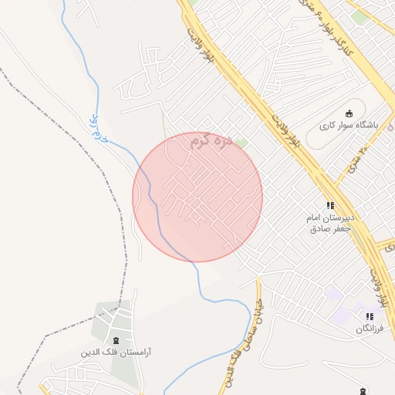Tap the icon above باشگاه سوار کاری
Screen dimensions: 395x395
(348, 113)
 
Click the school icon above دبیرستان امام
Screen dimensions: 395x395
(330, 205)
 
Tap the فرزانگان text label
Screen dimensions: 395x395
(370, 329)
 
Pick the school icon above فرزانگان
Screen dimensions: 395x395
(370, 316)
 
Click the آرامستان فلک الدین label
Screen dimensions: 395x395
(116, 352)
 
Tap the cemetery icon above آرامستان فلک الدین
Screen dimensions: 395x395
(116, 340)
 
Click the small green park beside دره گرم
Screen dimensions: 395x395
(241, 143)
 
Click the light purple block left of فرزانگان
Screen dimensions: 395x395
(334, 295)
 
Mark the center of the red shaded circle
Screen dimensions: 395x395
(197, 197)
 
